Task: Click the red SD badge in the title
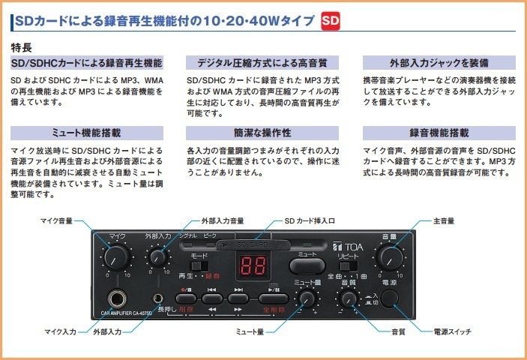coord(331,21)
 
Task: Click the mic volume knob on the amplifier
coord(115,258)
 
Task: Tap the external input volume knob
coord(157,256)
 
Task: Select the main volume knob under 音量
coord(389,258)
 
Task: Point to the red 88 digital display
coord(253,266)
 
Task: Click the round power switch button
coord(388,298)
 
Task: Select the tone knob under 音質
coord(347,299)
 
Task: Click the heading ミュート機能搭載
coord(85,133)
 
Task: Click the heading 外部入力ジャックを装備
coord(439,62)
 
